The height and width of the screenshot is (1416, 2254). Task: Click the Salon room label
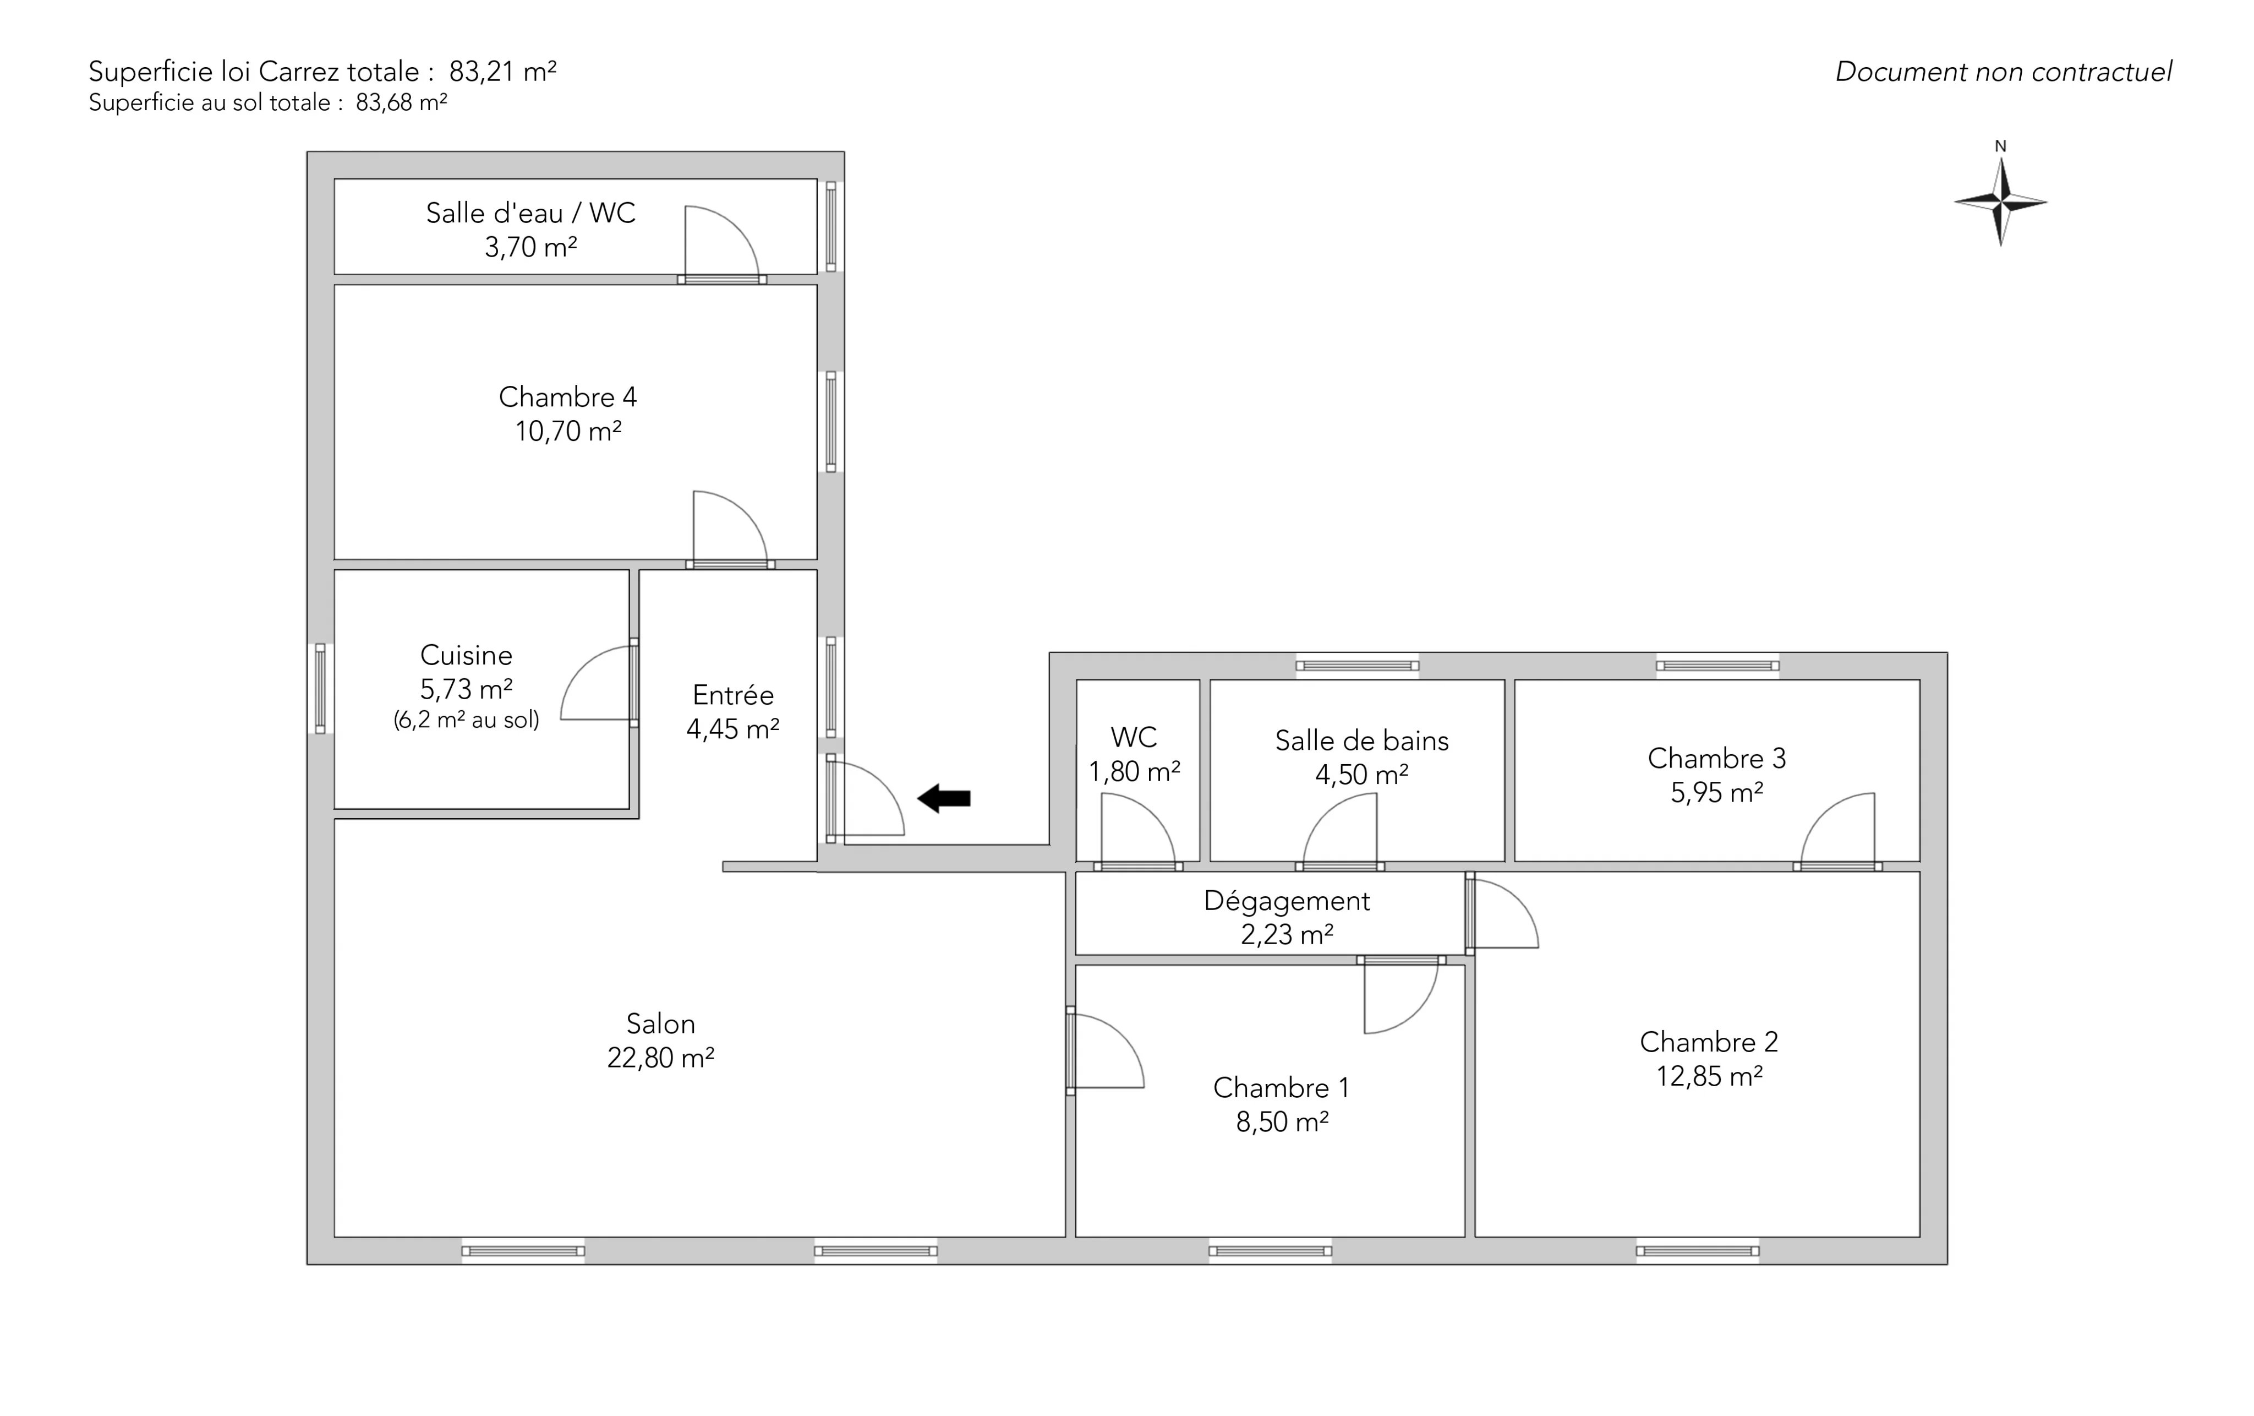pyautogui.click(x=661, y=1023)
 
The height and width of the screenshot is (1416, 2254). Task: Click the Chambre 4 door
pyautogui.click(x=730, y=527)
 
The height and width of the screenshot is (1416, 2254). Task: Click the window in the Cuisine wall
pyautogui.click(x=320, y=688)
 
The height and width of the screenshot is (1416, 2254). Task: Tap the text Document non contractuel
pyautogui.click(x=2003, y=72)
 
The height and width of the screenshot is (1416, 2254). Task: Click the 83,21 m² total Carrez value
pyautogui.click(x=502, y=71)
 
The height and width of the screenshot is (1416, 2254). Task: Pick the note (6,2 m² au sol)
pyautogui.click(x=466, y=720)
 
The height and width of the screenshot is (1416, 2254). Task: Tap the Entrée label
pyautogui.click(x=733, y=695)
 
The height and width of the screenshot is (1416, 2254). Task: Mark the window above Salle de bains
pyautogui.click(x=1357, y=666)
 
